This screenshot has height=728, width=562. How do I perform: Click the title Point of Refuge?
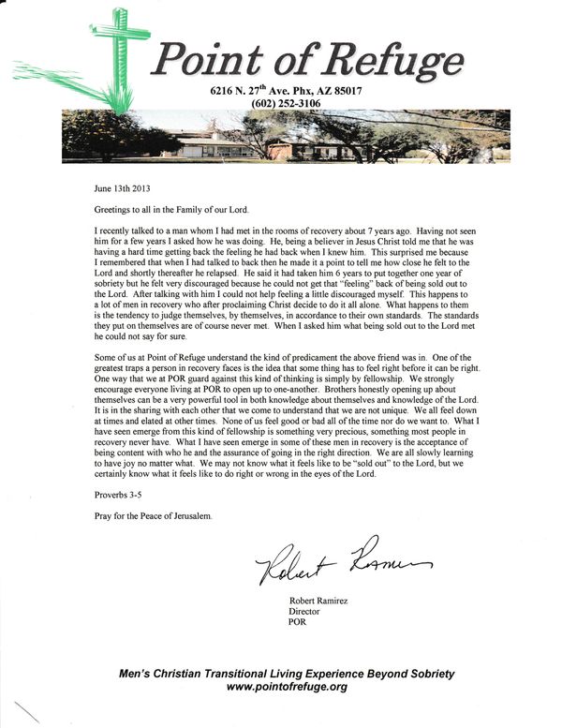tap(309, 61)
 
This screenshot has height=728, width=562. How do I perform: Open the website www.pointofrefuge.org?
tap(288, 687)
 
